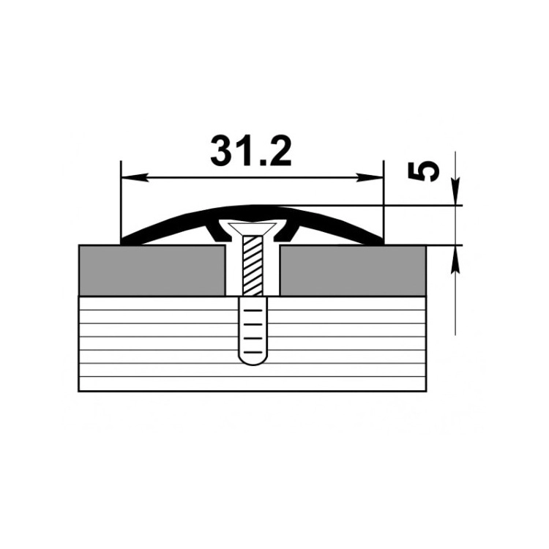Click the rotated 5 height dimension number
pos(424,171)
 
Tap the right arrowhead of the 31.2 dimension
pos(370,178)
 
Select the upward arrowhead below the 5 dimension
pos(455,258)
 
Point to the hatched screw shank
pos(253,265)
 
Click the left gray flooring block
pos(152,271)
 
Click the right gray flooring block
pos(353,271)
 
